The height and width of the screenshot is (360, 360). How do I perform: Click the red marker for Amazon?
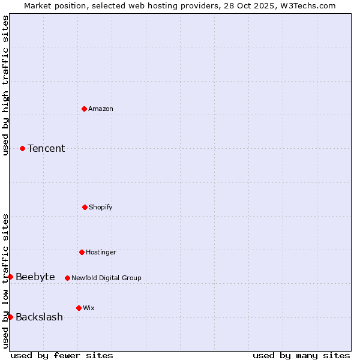click(x=84, y=109)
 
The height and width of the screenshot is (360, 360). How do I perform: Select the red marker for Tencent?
click(x=22, y=148)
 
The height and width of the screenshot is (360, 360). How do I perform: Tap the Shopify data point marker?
click(x=85, y=207)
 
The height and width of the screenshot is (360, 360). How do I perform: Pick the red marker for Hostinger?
click(x=82, y=252)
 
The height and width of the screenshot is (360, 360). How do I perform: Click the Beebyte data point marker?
click(x=10, y=277)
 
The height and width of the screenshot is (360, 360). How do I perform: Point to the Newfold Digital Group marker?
click(x=67, y=278)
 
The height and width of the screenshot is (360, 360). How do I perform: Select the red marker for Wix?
click(x=79, y=308)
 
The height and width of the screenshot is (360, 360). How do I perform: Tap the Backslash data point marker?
click(x=10, y=317)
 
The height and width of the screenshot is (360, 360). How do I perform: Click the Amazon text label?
click(x=101, y=109)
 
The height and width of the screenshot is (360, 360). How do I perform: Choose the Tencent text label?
click(x=46, y=148)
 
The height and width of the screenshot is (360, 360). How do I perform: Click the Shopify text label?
click(x=101, y=207)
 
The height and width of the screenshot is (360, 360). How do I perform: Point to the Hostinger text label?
click(x=101, y=252)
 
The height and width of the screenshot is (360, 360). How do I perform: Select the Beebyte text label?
click(x=35, y=277)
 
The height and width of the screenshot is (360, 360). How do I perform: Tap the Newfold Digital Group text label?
click(x=106, y=278)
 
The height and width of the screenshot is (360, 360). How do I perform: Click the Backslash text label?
click(x=39, y=317)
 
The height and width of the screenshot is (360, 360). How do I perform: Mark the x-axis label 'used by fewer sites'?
click(x=62, y=355)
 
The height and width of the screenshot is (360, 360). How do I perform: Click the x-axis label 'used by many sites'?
click(x=301, y=355)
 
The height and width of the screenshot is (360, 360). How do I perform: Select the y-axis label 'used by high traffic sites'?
click(x=5, y=85)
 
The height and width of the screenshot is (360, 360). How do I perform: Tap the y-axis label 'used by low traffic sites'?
click(x=5, y=281)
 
